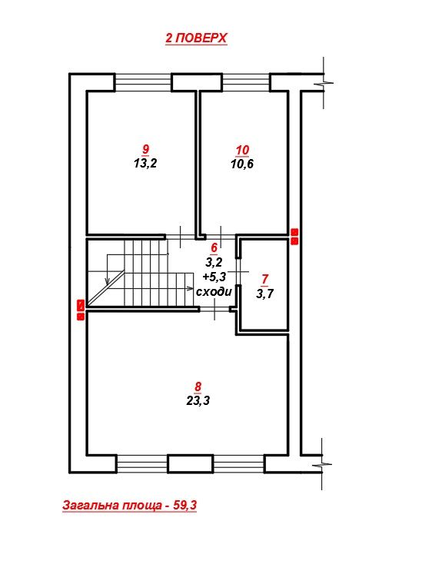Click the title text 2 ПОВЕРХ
(x=196, y=38)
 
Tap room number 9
(x=146, y=149)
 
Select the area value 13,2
(x=146, y=164)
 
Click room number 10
(x=242, y=150)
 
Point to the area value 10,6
(x=242, y=164)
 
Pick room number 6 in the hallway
(x=214, y=247)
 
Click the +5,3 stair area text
(x=214, y=277)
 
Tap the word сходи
(x=214, y=291)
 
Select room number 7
(x=265, y=279)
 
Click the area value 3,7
(x=265, y=294)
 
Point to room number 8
(x=198, y=387)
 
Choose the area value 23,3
(x=198, y=400)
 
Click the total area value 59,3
(x=185, y=506)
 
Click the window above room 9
(x=143, y=82)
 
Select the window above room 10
(x=246, y=82)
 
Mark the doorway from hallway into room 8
(x=214, y=310)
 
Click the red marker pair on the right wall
(x=294, y=237)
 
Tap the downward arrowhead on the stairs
(x=107, y=280)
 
